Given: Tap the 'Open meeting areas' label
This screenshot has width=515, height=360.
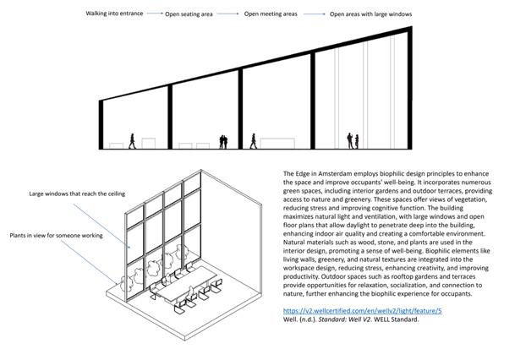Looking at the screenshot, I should (281, 14).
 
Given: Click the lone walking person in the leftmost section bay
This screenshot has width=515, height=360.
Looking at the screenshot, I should (132, 140).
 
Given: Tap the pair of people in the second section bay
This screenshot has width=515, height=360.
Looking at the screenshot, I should (224, 140).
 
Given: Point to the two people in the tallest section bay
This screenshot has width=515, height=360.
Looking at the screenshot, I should (353, 139).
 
